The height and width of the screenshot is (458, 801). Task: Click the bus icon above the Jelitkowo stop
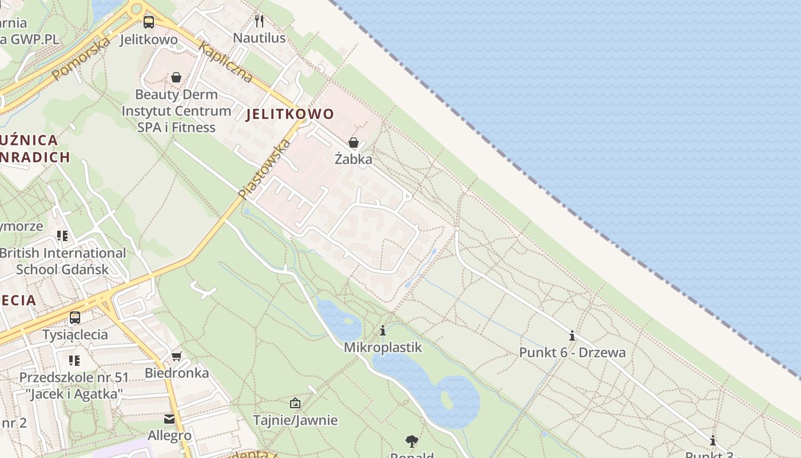pyautogui.click(x=148, y=22)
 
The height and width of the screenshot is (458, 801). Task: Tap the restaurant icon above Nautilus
pyautogui.click(x=259, y=21)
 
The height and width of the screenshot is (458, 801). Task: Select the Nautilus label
pyautogui.click(x=259, y=38)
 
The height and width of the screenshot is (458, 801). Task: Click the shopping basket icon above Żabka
pyautogui.click(x=354, y=143)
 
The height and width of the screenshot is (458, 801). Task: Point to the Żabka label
pyautogui.click(x=354, y=159)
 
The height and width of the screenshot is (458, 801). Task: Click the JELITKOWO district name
pyautogui.click(x=290, y=114)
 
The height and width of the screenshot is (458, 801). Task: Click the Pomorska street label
pyautogui.click(x=81, y=58)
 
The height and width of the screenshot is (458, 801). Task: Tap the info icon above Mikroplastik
pyautogui.click(x=383, y=331)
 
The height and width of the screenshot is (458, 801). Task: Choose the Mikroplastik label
pyautogui.click(x=383, y=348)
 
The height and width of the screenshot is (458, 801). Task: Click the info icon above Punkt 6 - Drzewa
pyautogui.click(x=572, y=336)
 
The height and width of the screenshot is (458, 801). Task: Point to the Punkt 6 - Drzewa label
pyautogui.click(x=572, y=353)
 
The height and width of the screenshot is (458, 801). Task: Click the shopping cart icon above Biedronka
pyautogui.click(x=176, y=356)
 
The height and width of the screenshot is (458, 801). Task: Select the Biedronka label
pyautogui.click(x=176, y=373)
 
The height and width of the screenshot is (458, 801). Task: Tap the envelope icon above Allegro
pyautogui.click(x=169, y=419)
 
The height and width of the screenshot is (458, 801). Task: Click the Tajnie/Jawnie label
pyautogui.click(x=295, y=420)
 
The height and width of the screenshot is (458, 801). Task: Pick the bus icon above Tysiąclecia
pyautogui.click(x=75, y=318)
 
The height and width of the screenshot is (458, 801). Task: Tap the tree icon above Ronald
pyautogui.click(x=411, y=441)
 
